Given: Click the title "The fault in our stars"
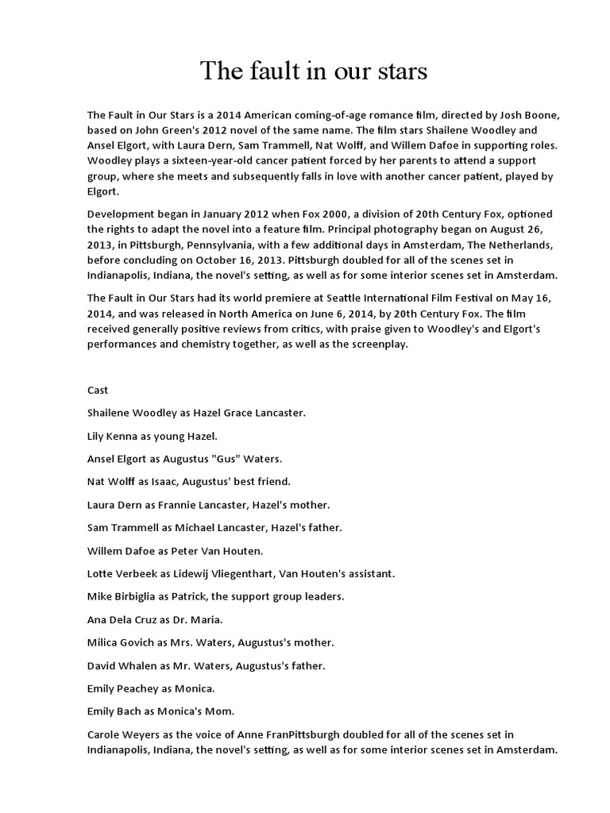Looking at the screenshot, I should coord(313,72).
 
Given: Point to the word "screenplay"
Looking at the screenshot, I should coord(376,345).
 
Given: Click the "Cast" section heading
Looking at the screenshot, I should coord(98,391).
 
